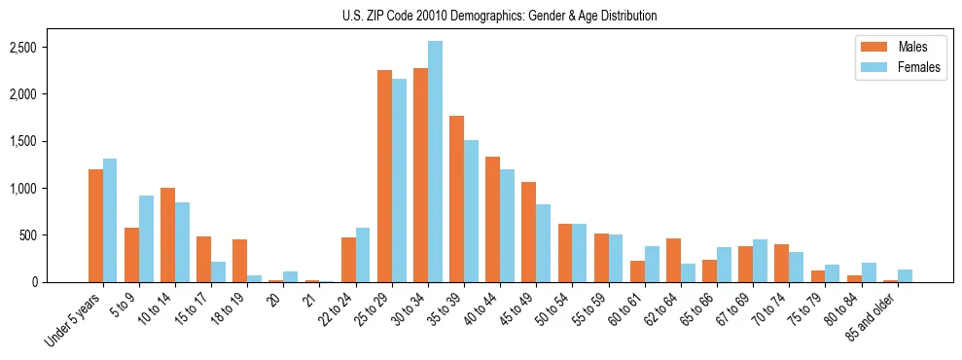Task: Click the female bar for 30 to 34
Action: [435, 162]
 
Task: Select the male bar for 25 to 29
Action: [384, 176]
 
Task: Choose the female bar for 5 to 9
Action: [146, 238]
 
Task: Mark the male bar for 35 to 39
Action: [456, 198]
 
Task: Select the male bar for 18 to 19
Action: [239, 261]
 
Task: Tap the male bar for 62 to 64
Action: [673, 260]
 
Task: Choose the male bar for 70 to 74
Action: [781, 263]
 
